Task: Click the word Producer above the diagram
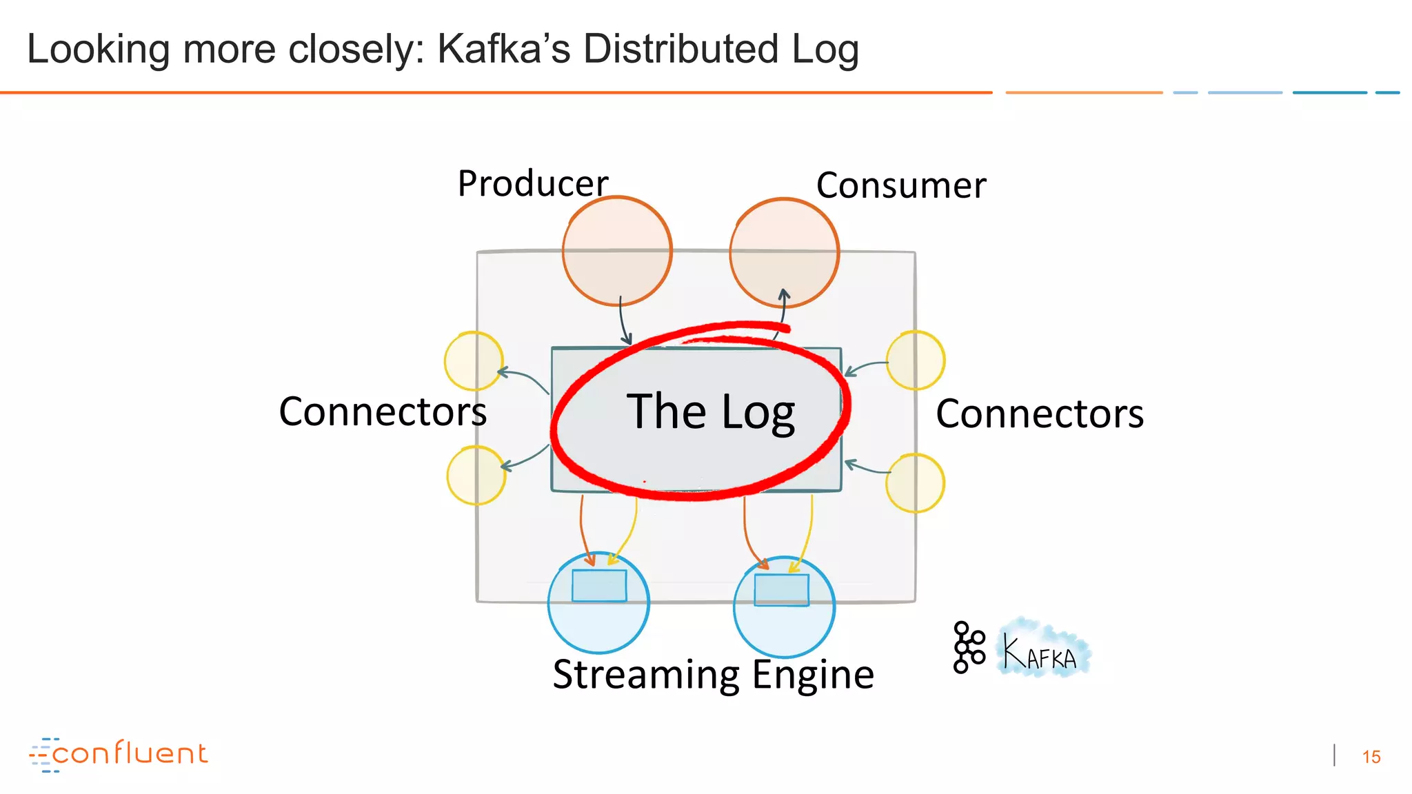coord(532,184)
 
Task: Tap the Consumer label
coord(900,186)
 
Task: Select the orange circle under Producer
coord(616,252)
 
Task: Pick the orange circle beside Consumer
coord(784,253)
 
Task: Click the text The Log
coord(710,412)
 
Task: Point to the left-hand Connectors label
coord(383,412)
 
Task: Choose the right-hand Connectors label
coord(1040,414)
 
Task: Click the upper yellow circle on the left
coord(473,361)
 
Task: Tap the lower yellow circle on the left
coord(476,476)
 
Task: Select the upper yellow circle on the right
coord(916,360)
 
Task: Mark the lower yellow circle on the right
coord(915,483)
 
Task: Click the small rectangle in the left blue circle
coord(599,586)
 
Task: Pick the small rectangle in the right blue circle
coord(781,590)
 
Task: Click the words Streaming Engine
coord(713,675)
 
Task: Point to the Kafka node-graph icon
coord(968,647)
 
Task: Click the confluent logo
coord(119,754)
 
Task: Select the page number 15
coord(1371,757)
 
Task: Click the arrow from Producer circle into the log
coord(623,321)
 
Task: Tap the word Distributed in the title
coord(680,50)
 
